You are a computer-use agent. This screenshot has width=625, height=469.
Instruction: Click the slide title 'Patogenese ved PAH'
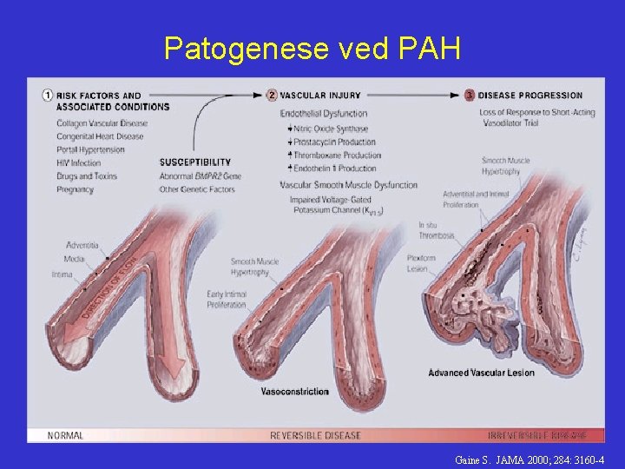pyautogui.click(x=312, y=49)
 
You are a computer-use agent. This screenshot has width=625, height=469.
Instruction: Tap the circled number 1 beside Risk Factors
pyautogui.click(x=49, y=96)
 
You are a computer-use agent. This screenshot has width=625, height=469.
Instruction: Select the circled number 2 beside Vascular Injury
pyautogui.click(x=273, y=96)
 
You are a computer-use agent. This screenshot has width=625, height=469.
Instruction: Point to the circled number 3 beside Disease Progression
pyautogui.click(x=470, y=96)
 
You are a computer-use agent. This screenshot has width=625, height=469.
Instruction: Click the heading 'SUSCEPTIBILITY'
pyautogui.click(x=195, y=162)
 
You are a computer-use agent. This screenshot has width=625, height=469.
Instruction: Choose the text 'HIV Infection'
pyautogui.click(x=79, y=163)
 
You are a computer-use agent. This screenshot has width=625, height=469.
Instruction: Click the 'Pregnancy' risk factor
pyautogui.click(x=75, y=189)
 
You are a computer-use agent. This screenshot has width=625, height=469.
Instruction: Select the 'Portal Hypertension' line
pyautogui.click(x=90, y=149)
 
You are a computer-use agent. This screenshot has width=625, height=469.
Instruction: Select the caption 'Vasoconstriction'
pyautogui.click(x=294, y=392)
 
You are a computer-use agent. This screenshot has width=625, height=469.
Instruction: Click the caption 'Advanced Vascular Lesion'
pyautogui.click(x=481, y=373)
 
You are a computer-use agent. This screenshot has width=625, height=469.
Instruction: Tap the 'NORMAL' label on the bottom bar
pyautogui.click(x=66, y=435)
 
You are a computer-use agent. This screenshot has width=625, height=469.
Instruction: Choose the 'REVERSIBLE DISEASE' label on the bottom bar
pyautogui.click(x=315, y=435)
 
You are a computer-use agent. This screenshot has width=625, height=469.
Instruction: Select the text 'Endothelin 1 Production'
pyautogui.click(x=335, y=168)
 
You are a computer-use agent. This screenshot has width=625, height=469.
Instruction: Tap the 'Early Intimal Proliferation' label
pyautogui.click(x=227, y=300)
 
